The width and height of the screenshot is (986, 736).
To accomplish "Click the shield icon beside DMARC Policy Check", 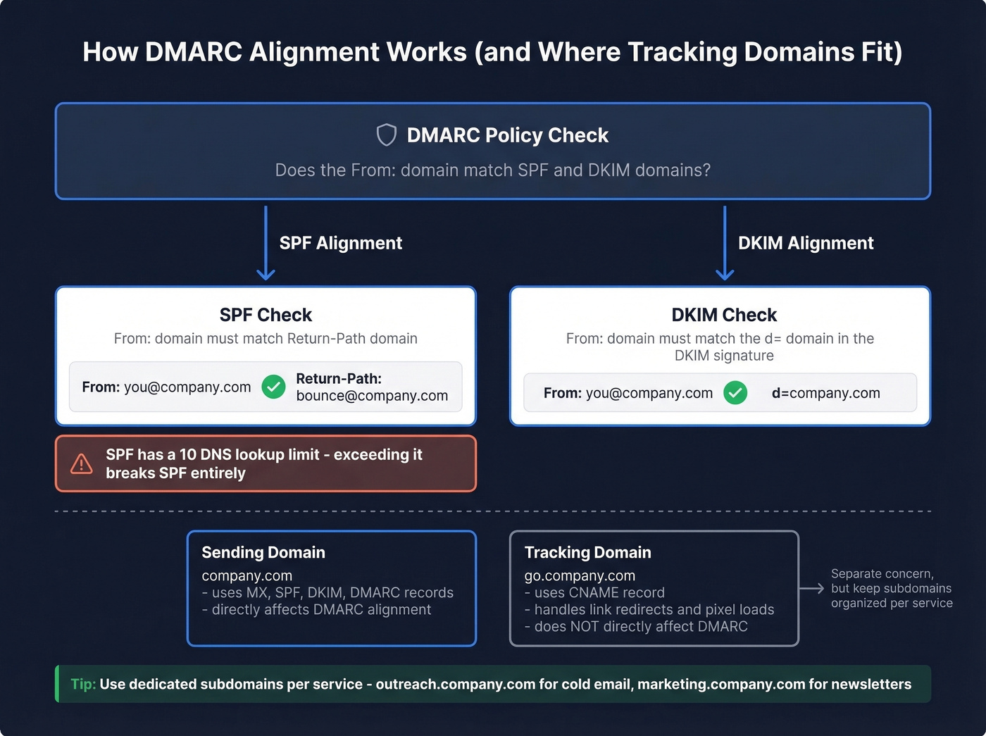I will coord(386,135).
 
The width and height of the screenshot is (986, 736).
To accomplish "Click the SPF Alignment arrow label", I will coord(340,243).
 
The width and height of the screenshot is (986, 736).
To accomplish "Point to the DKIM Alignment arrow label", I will coord(805,243).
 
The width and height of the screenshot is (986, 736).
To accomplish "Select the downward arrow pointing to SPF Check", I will coord(266,243).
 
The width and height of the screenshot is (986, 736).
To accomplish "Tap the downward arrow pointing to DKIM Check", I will coord(725,243).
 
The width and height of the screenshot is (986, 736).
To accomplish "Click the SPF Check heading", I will coord(266,315).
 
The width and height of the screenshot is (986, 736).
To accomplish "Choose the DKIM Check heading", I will coord(723,315).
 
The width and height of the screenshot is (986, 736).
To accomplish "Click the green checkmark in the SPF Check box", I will coord(273,387).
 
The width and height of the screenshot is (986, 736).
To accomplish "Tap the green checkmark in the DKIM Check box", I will coord(735,393).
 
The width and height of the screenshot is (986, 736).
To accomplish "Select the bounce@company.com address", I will coord(372,396).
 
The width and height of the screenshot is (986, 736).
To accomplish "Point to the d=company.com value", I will coord(825,393).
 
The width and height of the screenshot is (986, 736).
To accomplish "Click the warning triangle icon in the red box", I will coord(82,463).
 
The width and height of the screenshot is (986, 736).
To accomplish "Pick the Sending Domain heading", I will coord(263,552).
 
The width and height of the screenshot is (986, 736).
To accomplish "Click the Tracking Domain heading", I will coord(587,552).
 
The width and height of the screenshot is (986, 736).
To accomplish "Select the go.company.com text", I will coord(580,575).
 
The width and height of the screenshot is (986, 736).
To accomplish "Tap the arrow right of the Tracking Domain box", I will coord(811,588).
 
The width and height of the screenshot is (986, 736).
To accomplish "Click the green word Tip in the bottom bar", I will coord(82,684).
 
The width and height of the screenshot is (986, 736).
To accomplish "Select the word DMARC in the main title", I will coord(193,52).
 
